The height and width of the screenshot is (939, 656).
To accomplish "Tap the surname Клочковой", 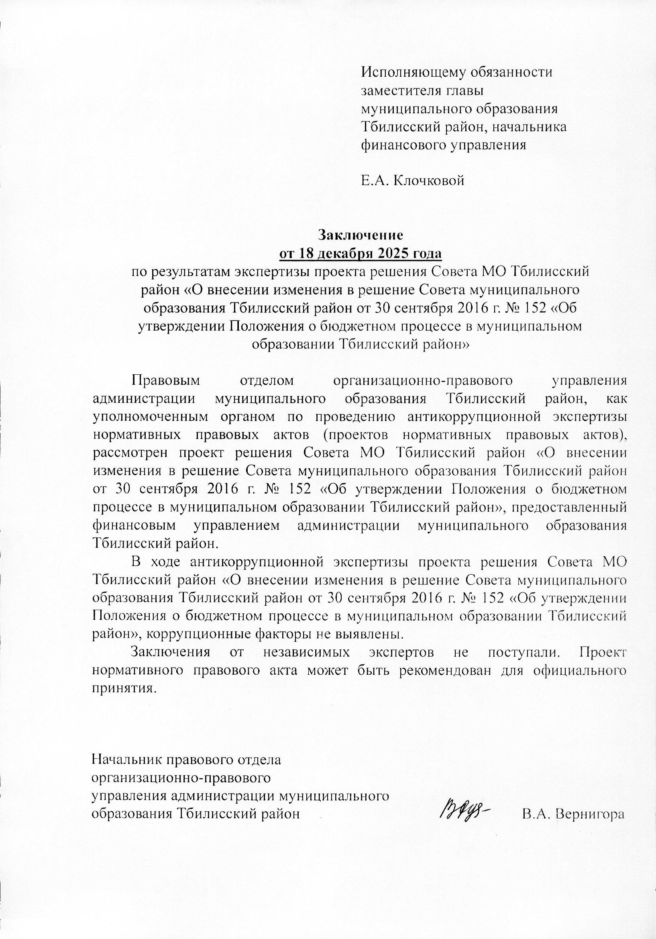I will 428,180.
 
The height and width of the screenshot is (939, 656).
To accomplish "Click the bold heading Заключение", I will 361,235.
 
